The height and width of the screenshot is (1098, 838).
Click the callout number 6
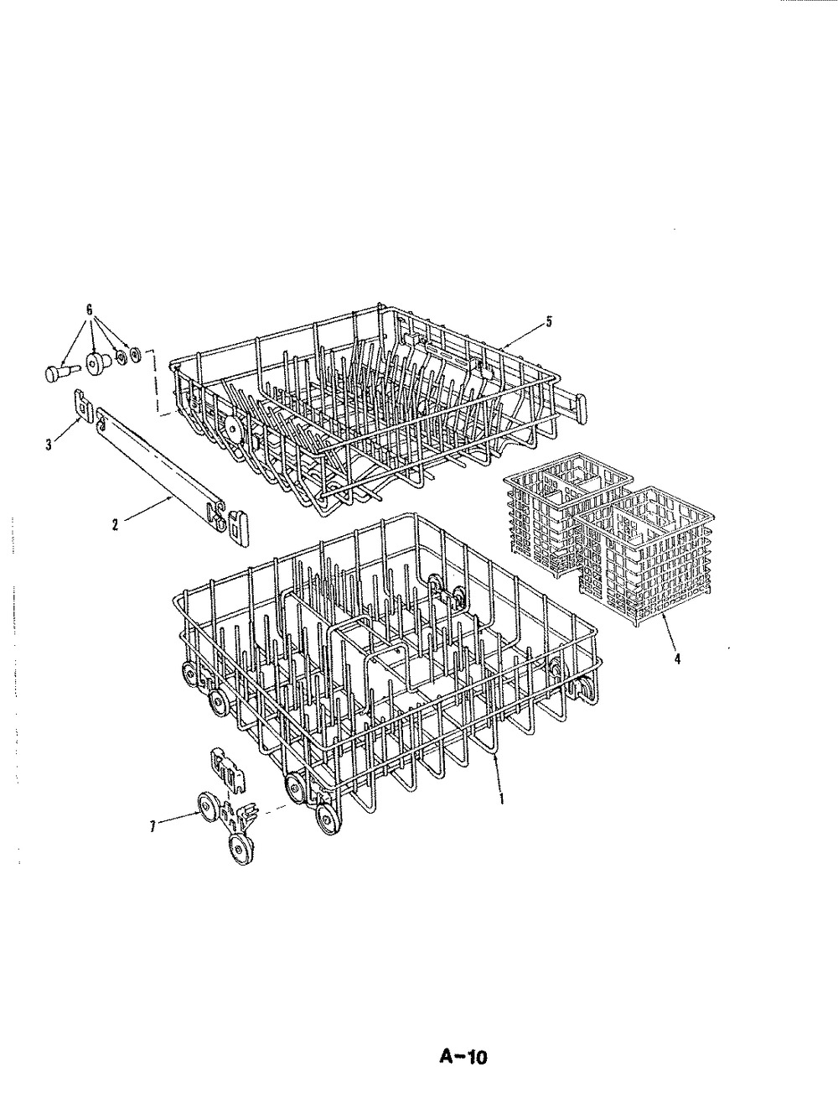[90, 310]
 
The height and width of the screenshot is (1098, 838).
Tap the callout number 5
[549, 321]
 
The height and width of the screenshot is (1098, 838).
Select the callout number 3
[49, 445]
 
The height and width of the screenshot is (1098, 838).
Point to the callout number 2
[115, 525]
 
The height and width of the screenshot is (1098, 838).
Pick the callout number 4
[677, 659]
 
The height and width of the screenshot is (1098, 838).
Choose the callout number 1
[501, 798]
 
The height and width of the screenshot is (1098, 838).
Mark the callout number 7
[153, 827]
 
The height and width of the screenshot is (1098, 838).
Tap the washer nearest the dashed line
[136, 355]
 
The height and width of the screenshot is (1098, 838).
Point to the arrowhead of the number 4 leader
[664, 619]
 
